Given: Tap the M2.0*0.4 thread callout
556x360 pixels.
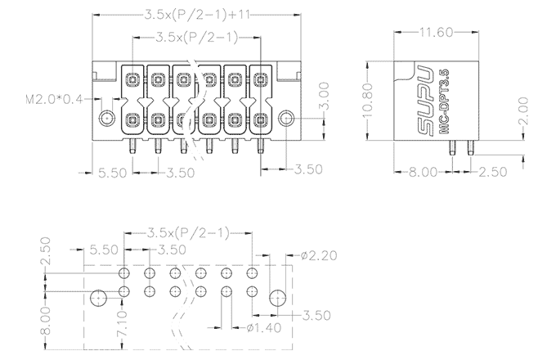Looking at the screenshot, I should click(55, 100).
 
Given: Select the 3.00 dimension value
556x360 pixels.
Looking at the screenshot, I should click(324, 97).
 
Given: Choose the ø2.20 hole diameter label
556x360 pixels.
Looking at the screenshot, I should click(318, 256).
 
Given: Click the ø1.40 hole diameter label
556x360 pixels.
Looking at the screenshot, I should click(262, 328).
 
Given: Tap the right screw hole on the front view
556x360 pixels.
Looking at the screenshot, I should click(286, 119).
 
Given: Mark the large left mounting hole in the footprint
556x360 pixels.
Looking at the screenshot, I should click(97, 299).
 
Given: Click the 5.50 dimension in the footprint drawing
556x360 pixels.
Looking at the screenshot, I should click(103, 250).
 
